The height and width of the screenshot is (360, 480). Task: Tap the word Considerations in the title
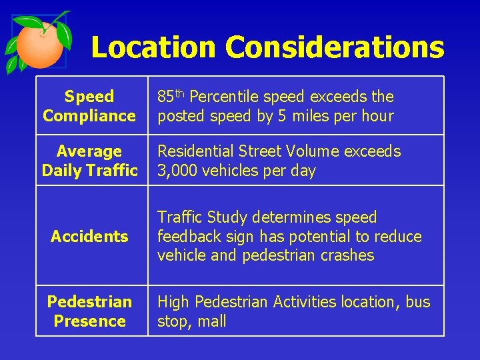coord(335,47)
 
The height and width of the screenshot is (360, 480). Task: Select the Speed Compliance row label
coord(89,107)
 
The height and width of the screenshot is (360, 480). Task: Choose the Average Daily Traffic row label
coord(89,161)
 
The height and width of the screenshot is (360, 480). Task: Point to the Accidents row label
coord(89,236)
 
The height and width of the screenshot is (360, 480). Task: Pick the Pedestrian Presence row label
coord(89,311)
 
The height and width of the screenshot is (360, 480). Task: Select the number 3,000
coord(177,171)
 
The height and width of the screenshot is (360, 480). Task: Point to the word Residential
coord(194,151)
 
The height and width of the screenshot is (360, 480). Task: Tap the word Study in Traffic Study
coord(227,217)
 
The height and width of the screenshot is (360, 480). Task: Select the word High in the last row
coord(173,302)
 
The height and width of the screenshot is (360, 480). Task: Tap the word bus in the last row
coord(418,302)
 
